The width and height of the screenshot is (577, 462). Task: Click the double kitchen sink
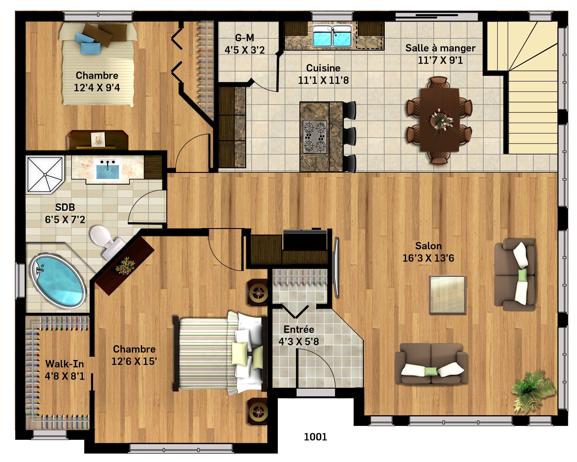coord(332,36)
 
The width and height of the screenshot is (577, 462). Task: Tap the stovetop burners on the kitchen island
coord(315,137)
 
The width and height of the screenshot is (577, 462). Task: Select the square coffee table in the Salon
coord(447,295)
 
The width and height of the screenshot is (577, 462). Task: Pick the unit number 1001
coord(315,437)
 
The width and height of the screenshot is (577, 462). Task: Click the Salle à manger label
coord(440,48)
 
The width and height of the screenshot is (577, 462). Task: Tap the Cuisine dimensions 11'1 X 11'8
coord(323,80)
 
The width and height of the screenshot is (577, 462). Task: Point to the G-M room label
coord(245,38)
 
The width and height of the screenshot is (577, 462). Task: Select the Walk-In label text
coord(65,364)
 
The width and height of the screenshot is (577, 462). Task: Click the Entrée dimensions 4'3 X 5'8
coord(299,341)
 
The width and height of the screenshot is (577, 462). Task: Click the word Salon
coord(428,246)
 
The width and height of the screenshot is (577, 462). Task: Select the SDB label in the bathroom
coord(65,207)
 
